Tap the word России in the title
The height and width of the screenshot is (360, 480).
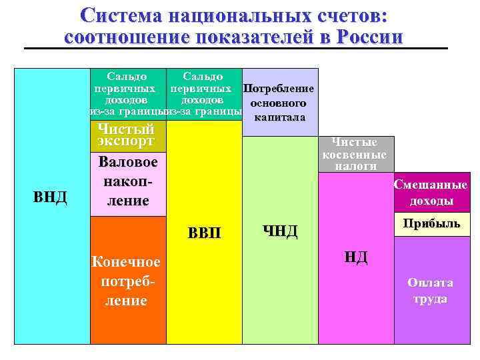pos(368,37)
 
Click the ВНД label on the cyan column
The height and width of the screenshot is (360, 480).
pos(51,197)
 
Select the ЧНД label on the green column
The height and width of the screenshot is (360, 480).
pos(280,231)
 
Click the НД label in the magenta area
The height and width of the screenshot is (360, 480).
pos(355,257)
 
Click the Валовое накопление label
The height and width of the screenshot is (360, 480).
pos(127,181)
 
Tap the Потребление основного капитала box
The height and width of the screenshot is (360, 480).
pos(279,103)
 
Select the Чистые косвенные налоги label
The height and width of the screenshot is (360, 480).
pos(355,154)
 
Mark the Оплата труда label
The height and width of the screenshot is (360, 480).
pos(431,291)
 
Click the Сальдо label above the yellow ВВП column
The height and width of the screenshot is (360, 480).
pos(203,77)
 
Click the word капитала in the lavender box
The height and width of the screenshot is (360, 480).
pos(279,117)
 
